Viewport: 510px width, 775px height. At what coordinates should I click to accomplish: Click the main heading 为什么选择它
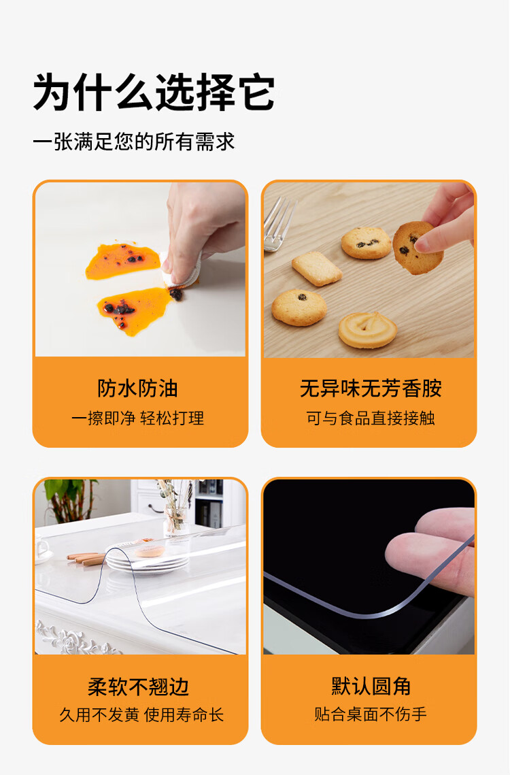coord(154,92)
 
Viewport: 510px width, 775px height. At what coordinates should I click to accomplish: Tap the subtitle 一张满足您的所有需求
coord(133,142)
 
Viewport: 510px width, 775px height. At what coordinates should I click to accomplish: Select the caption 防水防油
coord(137,389)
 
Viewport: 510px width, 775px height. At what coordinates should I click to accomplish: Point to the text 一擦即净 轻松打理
coord(137,418)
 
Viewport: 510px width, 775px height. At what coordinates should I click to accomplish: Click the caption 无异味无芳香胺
coord(371,389)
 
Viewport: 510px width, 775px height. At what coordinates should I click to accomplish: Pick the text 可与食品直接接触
coord(371,418)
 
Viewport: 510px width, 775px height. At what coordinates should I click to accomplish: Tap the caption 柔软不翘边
coord(138,687)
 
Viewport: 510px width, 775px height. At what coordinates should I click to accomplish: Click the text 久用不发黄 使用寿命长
coord(141,714)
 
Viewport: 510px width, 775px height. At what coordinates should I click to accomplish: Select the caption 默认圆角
coord(371,686)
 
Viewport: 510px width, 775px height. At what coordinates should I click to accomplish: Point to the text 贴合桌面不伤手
coord(371,714)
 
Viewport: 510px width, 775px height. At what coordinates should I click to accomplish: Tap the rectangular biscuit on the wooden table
coord(317,269)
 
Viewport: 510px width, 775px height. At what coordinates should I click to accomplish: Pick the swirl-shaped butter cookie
coord(368,330)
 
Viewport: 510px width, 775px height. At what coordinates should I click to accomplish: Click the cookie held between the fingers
coord(416,248)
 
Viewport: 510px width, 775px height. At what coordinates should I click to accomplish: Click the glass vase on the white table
coord(175,521)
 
